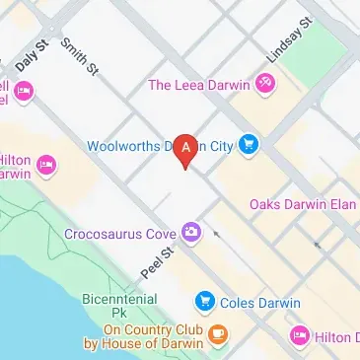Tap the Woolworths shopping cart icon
tap(248, 145)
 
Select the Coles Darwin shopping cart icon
tap(205, 300)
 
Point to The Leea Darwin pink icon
tap(264, 86)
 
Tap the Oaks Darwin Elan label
tap(302, 204)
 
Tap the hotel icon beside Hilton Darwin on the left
tap(44, 174)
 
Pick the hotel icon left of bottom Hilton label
tap(300, 336)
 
